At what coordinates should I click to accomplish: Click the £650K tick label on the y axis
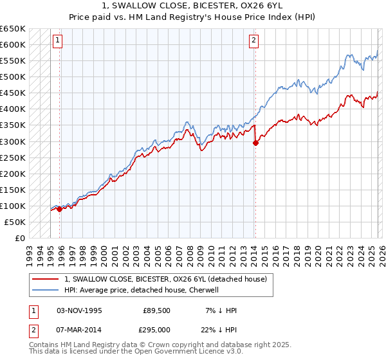[13, 29]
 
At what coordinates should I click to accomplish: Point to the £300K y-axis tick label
[13, 141]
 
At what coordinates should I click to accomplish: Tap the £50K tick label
[15, 222]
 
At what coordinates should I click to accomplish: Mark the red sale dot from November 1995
[59, 208]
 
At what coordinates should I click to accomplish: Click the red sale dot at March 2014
[255, 143]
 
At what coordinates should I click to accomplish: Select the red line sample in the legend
[45, 278]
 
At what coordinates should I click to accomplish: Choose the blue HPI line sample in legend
[45, 290]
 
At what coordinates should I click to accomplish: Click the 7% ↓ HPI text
[220, 310]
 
